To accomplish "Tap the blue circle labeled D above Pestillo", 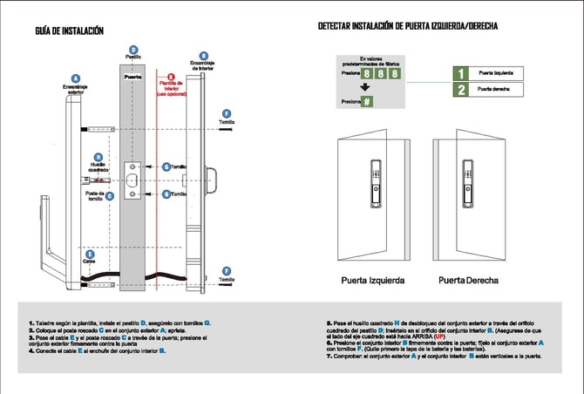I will coord(132,49).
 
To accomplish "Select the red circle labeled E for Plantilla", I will coord(171,77).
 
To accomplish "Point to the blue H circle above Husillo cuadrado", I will coord(98,156).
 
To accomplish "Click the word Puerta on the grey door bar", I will coord(133,77).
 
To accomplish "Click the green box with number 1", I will coord(462,73).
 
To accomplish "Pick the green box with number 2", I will coord(462,89).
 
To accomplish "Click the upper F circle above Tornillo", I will coord(227,113).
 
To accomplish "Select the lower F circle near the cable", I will coord(227,269).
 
